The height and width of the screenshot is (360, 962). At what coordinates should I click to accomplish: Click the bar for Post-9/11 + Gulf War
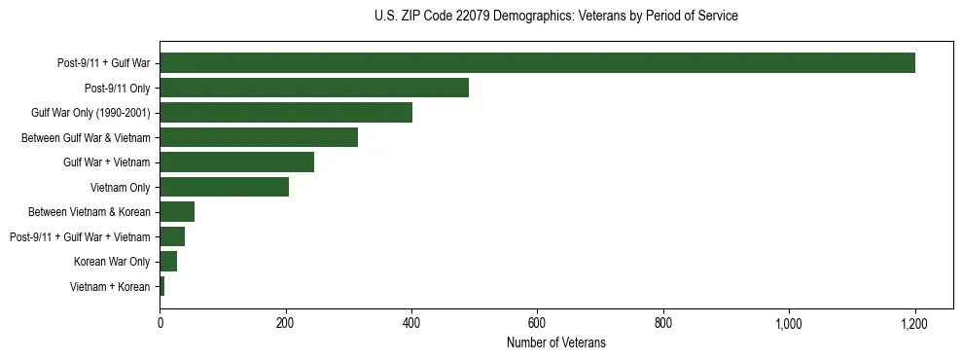pos(537,63)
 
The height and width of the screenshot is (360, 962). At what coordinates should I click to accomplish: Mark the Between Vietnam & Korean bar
pos(177,212)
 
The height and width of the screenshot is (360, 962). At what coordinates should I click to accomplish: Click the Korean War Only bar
pos(168,262)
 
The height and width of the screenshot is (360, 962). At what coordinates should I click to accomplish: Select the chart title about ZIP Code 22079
pos(555,17)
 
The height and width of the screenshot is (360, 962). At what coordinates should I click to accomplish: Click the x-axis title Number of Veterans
pos(555,342)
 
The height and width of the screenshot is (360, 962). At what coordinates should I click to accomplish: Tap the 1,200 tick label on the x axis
pos(914,323)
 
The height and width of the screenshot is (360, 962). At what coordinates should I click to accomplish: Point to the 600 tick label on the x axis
pos(537,323)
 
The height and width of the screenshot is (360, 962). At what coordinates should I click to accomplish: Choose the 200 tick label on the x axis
pos(285,323)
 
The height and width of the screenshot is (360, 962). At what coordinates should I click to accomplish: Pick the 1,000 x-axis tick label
pos(789,323)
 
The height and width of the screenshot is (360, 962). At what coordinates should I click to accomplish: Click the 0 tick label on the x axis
pos(160,323)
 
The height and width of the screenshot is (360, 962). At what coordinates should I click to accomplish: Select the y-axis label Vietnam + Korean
pos(110,287)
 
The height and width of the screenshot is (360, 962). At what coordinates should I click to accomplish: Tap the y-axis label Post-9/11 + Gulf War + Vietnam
pos(80,237)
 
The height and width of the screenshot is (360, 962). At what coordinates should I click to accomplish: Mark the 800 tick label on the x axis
pos(663,323)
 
